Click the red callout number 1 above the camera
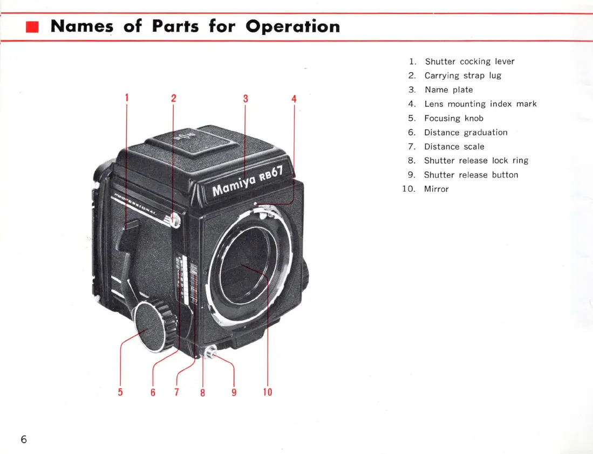click(x=127, y=98)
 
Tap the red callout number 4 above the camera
click(x=294, y=99)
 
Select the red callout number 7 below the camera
click(x=176, y=392)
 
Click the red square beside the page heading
click(x=33, y=26)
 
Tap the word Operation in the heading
click(x=292, y=26)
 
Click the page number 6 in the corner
click(x=24, y=439)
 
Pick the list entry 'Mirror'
click(x=436, y=189)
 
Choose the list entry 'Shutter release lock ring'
click(x=476, y=161)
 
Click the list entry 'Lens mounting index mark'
click(x=480, y=104)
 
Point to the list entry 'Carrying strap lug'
click(x=462, y=75)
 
